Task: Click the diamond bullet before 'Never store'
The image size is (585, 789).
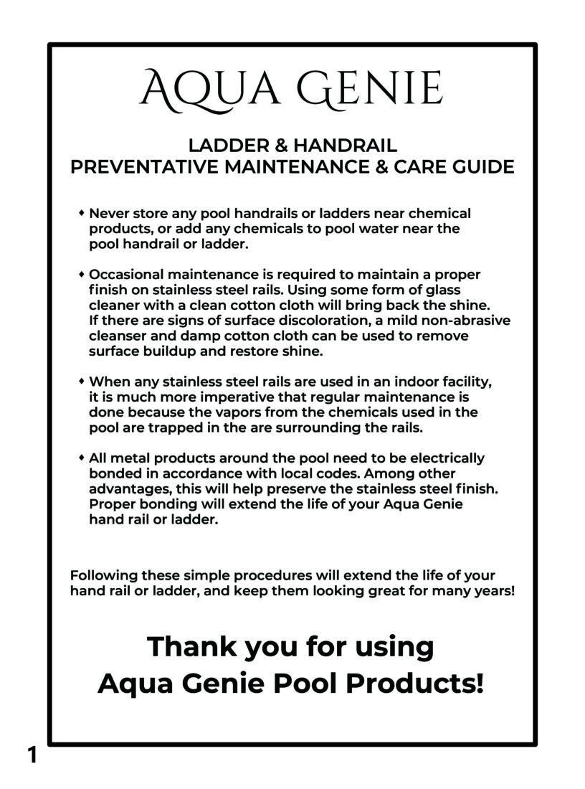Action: click(x=82, y=213)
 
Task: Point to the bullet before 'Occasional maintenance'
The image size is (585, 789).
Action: click(x=82, y=274)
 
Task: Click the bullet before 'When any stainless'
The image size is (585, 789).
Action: click(x=82, y=380)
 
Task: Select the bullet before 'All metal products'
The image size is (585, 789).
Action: click(x=82, y=457)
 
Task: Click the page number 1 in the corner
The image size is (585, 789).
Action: click(x=32, y=755)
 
